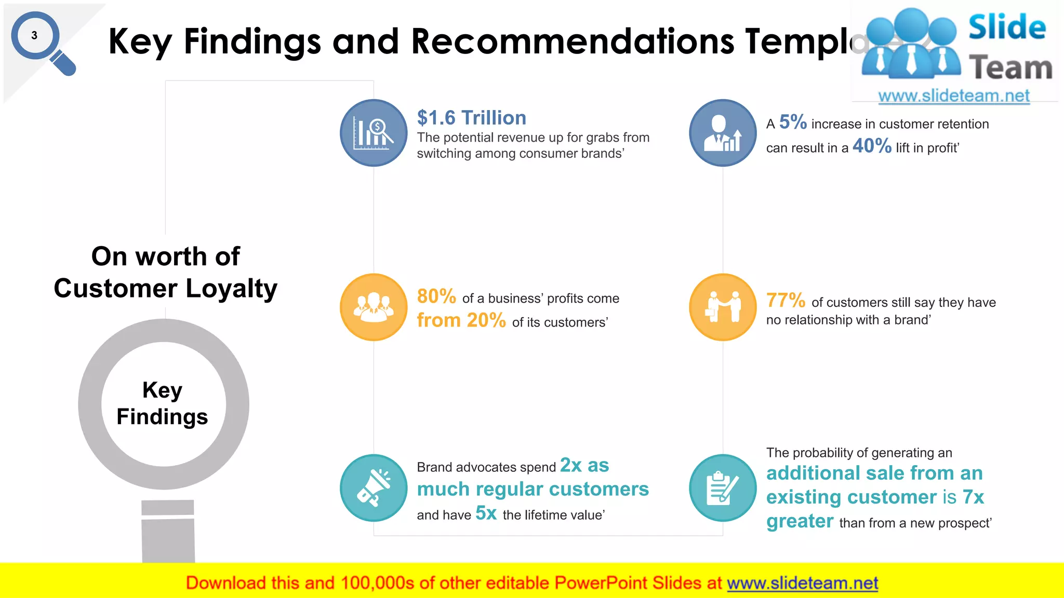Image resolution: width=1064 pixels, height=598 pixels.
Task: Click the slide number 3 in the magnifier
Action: tap(34, 36)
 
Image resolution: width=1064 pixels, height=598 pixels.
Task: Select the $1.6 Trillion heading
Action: tap(471, 118)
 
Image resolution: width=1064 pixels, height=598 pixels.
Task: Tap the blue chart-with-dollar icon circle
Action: tap(374, 133)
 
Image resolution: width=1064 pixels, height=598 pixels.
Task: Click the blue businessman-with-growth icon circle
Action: tap(723, 133)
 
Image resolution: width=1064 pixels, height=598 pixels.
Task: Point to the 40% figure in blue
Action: tap(872, 146)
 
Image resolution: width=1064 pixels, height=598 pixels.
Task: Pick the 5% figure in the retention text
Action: tap(793, 123)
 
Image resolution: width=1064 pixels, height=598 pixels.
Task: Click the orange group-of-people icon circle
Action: tap(374, 307)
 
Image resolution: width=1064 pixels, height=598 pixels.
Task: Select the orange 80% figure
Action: tap(436, 296)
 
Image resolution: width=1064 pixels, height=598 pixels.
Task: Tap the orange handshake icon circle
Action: tap(723, 307)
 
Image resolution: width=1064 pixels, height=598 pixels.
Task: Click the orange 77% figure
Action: tap(786, 300)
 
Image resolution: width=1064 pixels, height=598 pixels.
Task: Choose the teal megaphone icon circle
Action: tap(374, 488)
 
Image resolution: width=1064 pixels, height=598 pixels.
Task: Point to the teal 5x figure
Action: tap(486, 513)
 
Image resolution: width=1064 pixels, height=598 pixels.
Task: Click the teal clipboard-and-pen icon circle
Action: tap(723, 488)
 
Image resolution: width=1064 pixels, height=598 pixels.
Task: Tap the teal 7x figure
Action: tap(973, 497)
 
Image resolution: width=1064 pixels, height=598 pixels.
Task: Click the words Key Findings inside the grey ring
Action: tap(163, 403)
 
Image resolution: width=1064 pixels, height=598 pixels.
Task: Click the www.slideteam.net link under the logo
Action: tap(954, 96)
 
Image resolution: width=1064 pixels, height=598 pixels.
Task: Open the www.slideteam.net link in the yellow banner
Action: tap(802, 583)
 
